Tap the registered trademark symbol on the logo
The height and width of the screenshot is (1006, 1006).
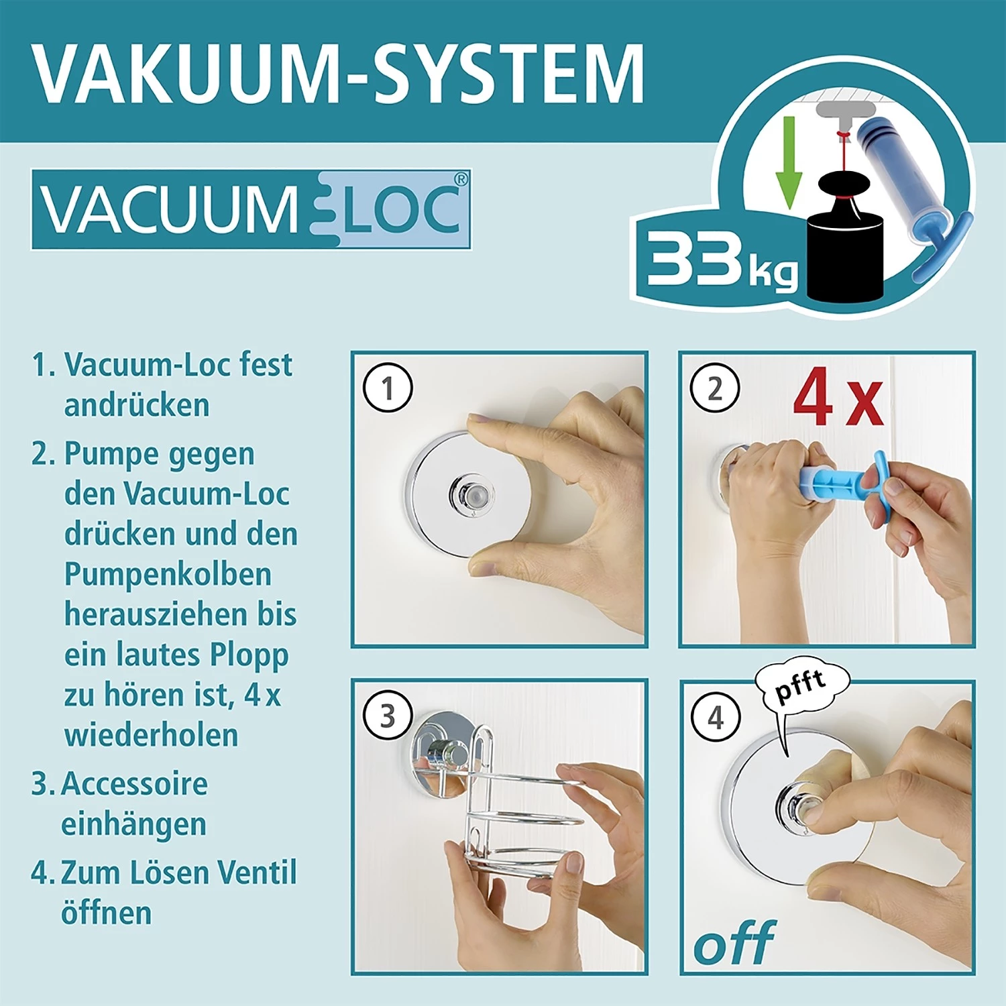click(x=460, y=179)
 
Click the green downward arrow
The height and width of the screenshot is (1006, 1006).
click(x=789, y=161)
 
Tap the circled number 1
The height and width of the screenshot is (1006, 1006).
click(x=387, y=388)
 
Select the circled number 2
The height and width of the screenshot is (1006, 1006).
click(x=715, y=388)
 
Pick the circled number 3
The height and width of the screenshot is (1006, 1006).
click(x=387, y=716)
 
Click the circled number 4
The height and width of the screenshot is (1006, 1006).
click(x=716, y=717)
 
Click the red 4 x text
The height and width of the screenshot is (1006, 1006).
click(x=838, y=398)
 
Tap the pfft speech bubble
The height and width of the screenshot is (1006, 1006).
click(x=801, y=685)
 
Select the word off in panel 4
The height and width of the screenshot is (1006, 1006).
click(x=734, y=944)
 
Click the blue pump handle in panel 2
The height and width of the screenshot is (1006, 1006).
click(x=885, y=478)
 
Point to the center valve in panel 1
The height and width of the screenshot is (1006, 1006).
click(x=469, y=494)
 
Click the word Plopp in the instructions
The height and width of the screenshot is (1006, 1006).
click(x=249, y=655)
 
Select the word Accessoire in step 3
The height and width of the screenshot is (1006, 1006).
click(x=134, y=784)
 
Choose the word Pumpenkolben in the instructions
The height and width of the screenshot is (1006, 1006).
click(x=168, y=574)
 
